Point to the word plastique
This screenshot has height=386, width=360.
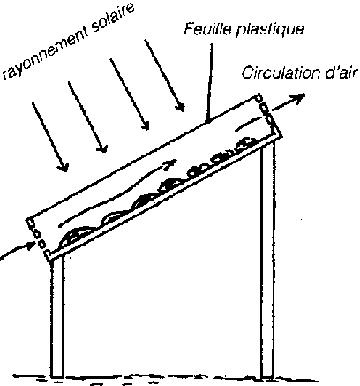[270, 30]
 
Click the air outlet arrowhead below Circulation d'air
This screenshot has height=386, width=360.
[297, 98]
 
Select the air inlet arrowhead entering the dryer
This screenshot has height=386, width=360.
[31, 246]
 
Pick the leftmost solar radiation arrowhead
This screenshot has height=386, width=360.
[64, 167]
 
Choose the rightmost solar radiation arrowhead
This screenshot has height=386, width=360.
[180, 108]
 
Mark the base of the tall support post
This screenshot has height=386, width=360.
[267, 377]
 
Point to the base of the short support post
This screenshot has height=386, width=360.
[57, 376]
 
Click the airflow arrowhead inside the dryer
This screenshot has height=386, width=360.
[171, 163]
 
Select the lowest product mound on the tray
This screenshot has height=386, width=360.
[76, 235]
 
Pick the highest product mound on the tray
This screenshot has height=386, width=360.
[245, 142]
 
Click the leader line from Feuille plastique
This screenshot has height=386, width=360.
[209, 83]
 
